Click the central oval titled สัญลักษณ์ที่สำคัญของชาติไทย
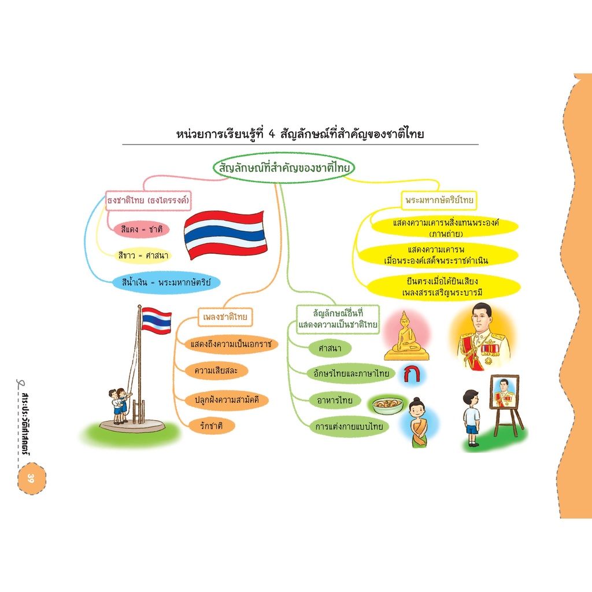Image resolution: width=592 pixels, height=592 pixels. [x=283, y=168]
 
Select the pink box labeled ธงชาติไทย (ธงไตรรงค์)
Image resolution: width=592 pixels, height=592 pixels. [x=148, y=201]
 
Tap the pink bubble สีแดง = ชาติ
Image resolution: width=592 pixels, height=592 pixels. [x=142, y=229]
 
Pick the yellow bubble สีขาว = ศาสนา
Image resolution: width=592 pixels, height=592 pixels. [x=143, y=256]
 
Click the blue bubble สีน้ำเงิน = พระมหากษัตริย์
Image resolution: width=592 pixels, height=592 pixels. [x=166, y=282]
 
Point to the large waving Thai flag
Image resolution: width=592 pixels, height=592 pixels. [x=225, y=234]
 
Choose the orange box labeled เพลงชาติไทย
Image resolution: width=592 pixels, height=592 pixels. [x=225, y=317]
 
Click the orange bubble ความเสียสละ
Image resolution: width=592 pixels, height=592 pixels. [x=216, y=371]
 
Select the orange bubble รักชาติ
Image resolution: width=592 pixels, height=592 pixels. [x=212, y=426]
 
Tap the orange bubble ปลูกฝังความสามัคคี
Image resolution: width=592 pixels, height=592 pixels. [x=227, y=399]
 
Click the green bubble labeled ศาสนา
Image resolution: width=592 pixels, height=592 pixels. [x=330, y=348]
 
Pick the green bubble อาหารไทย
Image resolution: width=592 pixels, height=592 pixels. [x=335, y=400]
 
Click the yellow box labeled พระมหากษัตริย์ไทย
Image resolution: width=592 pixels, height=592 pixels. [x=439, y=200]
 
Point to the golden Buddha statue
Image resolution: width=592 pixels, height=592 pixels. [x=406, y=336]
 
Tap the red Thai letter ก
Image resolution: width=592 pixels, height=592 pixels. [x=412, y=373]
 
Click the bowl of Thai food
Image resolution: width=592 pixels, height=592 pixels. [x=387, y=405]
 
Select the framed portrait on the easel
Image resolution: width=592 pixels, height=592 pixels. [x=505, y=393]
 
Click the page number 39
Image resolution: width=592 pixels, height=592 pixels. [x=31, y=478]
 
